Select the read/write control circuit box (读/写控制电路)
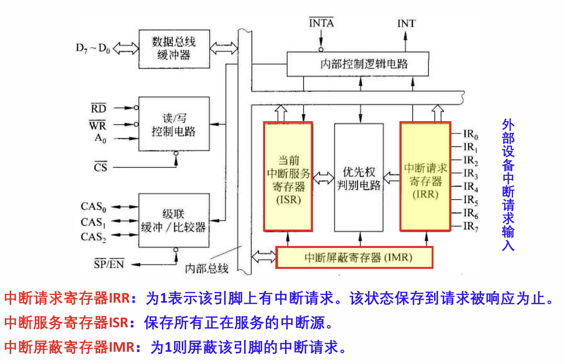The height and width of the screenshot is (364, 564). pyautogui.click(x=173, y=124)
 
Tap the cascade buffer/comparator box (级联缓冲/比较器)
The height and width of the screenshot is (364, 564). pyautogui.click(x=173, y=219)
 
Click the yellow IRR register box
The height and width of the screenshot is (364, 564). pyautogui.click(x=424, y=176)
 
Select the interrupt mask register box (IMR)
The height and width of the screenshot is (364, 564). pyautogui.click(x=354, y=257)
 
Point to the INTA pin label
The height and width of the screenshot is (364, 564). pyautogui.click(x=321, y=24)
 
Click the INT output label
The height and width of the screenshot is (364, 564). pyautogui.click(x=406, y=24)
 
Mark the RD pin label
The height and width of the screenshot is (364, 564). pyautogui.click(x=99, y=108)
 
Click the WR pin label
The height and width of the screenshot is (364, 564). pyautogui.click(x=99, y=124)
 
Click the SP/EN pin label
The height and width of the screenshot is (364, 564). pyautogui.click(x=109, y=264)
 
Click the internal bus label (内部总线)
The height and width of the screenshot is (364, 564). pyautogui.click(x=207, y=268)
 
